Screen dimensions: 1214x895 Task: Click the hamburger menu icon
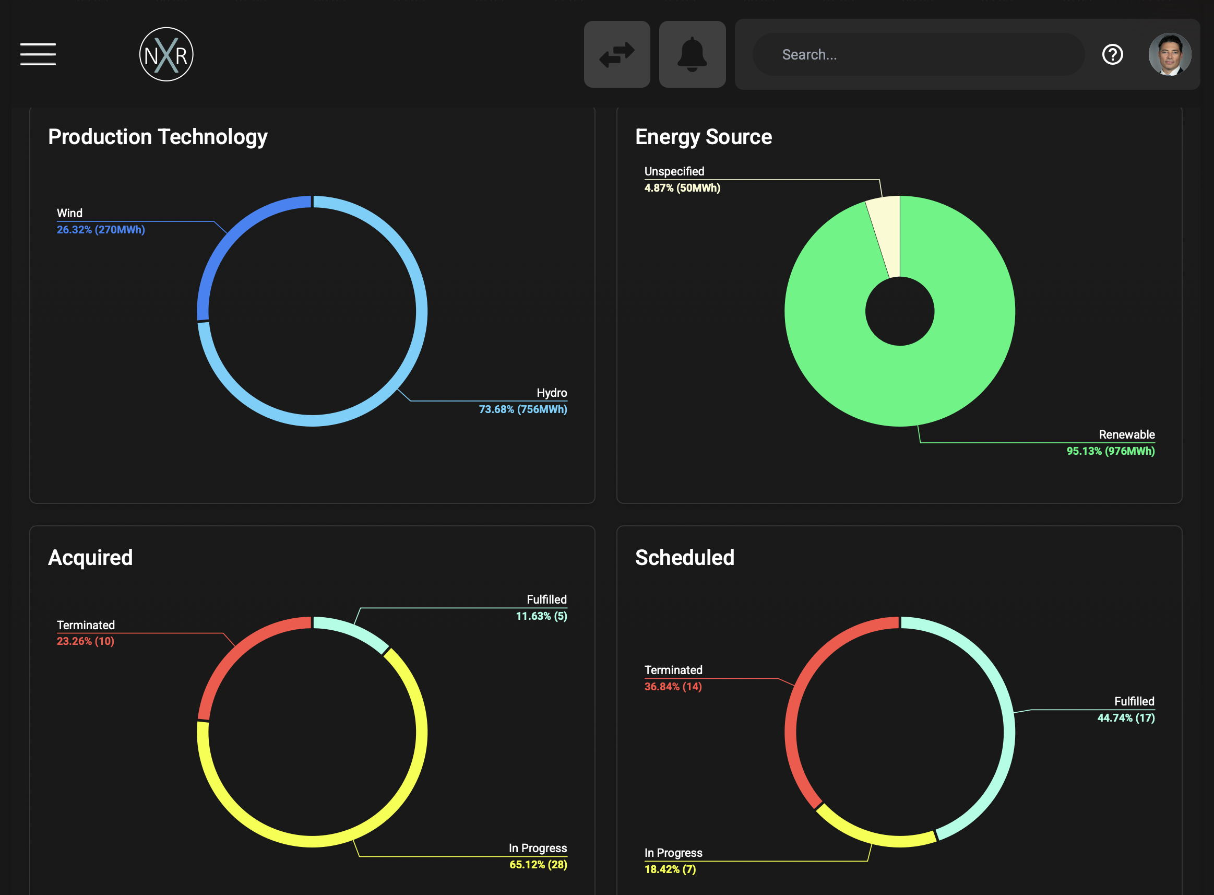click(x=38, y=54)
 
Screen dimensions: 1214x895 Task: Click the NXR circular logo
click(x=166, y=54)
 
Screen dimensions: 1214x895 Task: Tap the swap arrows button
click(x=617, y=54)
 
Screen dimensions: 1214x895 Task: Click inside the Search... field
click(x=919, y=54)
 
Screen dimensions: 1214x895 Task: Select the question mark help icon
click(x=1112, y=54)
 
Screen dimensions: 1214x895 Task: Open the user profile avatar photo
click(x=1170, y=54)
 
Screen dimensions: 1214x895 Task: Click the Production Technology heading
click(x=158, y=137)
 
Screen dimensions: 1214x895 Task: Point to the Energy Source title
click(x=704, y=137)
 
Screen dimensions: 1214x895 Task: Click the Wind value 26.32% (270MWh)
click(x=101, y=230)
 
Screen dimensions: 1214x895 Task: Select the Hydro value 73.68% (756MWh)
click(x=523, y=409)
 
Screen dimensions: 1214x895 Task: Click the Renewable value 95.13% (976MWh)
click(x=1111, y=451)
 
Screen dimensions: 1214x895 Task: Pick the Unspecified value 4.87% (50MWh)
click(x=682, y=188)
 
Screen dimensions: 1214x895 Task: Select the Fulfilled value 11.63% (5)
click(x=541, y=616)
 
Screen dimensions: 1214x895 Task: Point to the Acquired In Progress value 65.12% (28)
click(x=538, y=865)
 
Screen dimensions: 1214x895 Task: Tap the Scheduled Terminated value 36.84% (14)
click(x=673, y=687)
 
